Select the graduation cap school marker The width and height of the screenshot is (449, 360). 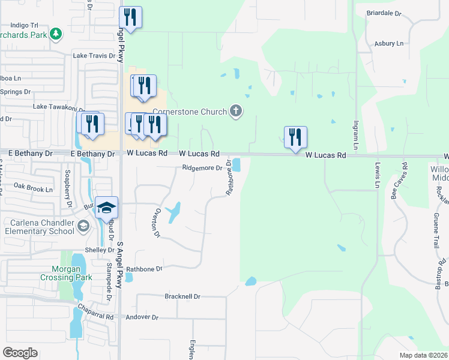pyautogui.click(x=106, y=208)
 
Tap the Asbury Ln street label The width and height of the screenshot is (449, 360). pyautogui.click(x=389, y=44)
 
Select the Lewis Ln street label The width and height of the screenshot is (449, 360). pyautogui.click(x=378, y=171)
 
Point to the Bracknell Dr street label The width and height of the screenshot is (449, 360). pyautogui.click(x=182, y=296)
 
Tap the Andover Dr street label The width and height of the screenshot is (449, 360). pyautogui.click(x=142, y=317)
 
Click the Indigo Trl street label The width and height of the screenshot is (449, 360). pyautogui.click(x=25, y=26)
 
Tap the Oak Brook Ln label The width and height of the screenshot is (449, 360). pyautogui.click(x=33, y=187)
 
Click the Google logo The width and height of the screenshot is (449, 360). pyautogui.click(x=20, y=353)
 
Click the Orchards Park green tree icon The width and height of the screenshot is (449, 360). pyautogui.click(x=56, y=33)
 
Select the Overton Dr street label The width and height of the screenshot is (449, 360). pyautogui.click(x=157, y=223)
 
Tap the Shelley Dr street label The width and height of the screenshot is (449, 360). pyautogui.click(x=100, y=250)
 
